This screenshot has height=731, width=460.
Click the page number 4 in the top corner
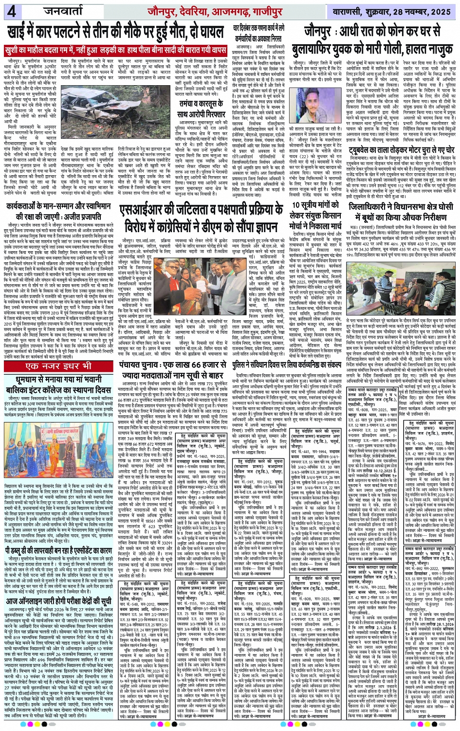pyautogui.click(x=11, y=11)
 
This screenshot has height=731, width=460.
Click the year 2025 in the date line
pyautogui.click(x=441, y=11)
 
